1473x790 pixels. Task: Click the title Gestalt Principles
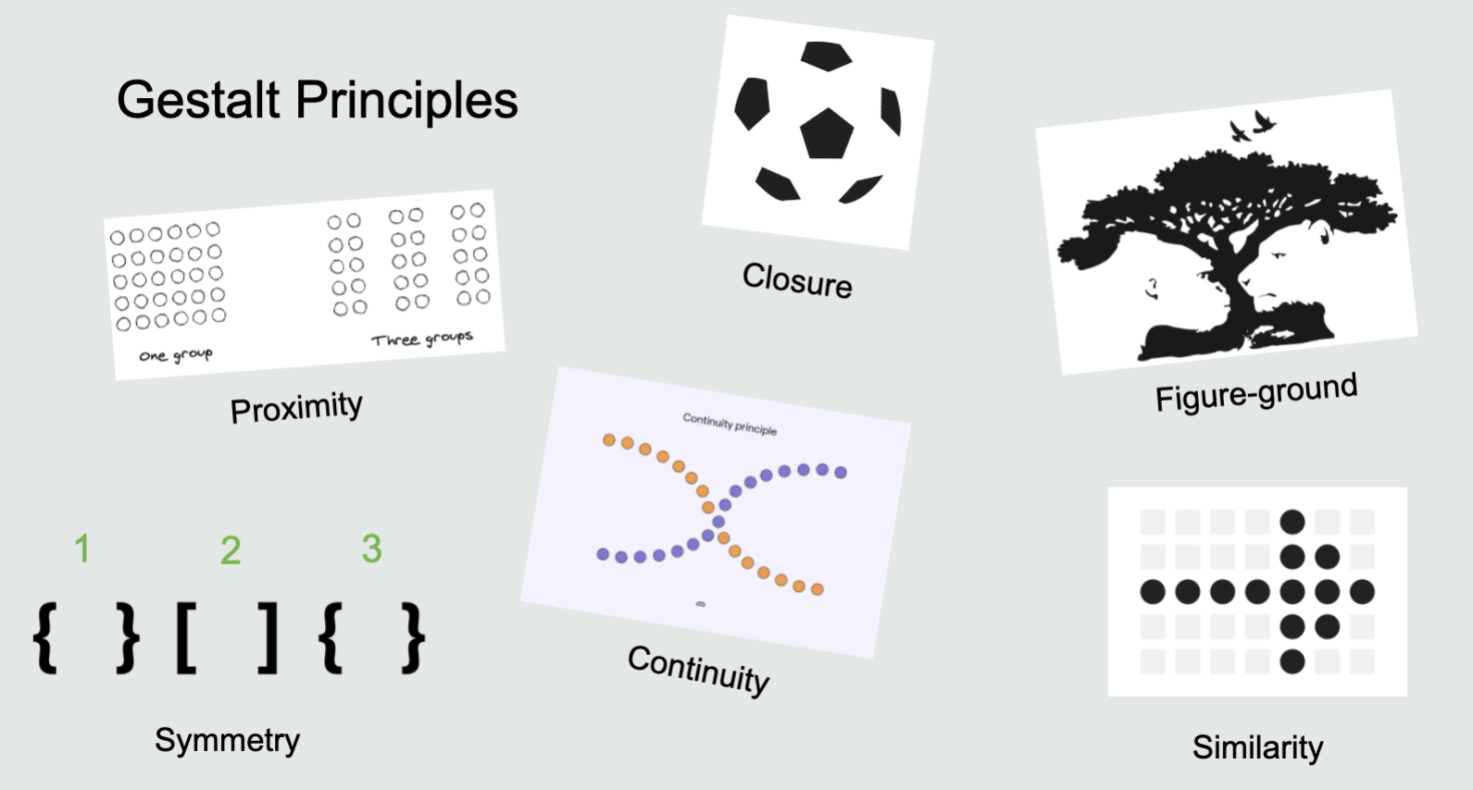pyautogui.click(x=317, y=100)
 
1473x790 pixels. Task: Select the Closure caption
pyautogui.click(x=797, y=279)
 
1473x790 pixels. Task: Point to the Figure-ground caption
pyautogui.click(x=1255, y=392)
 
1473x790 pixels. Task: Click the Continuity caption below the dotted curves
pyautogui.click(x=698, y=668)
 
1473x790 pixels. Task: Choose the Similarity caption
pyautogui.click(x=1257, y=747)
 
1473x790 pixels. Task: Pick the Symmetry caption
pyautogui.click(x=227, y=740)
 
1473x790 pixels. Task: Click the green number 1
pyautogui.click(x=82, y=549)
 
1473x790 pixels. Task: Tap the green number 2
pyautogui.click(x=231, y=551)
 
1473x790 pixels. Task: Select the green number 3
pyautogui.click(x=371, y=549)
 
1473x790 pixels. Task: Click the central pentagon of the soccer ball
pyautogui.click(x=826, y=133)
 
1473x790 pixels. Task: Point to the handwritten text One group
pyautogui.click(x=175, y=355)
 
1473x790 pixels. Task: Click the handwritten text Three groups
pyautogui.click(x=422, y=339)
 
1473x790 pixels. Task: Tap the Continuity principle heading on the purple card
pyautogui.click(x=730, y=425)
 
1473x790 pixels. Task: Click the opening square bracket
pyautogui.click(x=185, y=638)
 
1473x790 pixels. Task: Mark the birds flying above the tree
pyautogui.click(x=1252, y=126)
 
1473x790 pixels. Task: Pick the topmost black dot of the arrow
pyautogui.click(x=1292, y=522)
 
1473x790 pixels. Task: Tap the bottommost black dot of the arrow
pyautogui.click(x=1292, y=661)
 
